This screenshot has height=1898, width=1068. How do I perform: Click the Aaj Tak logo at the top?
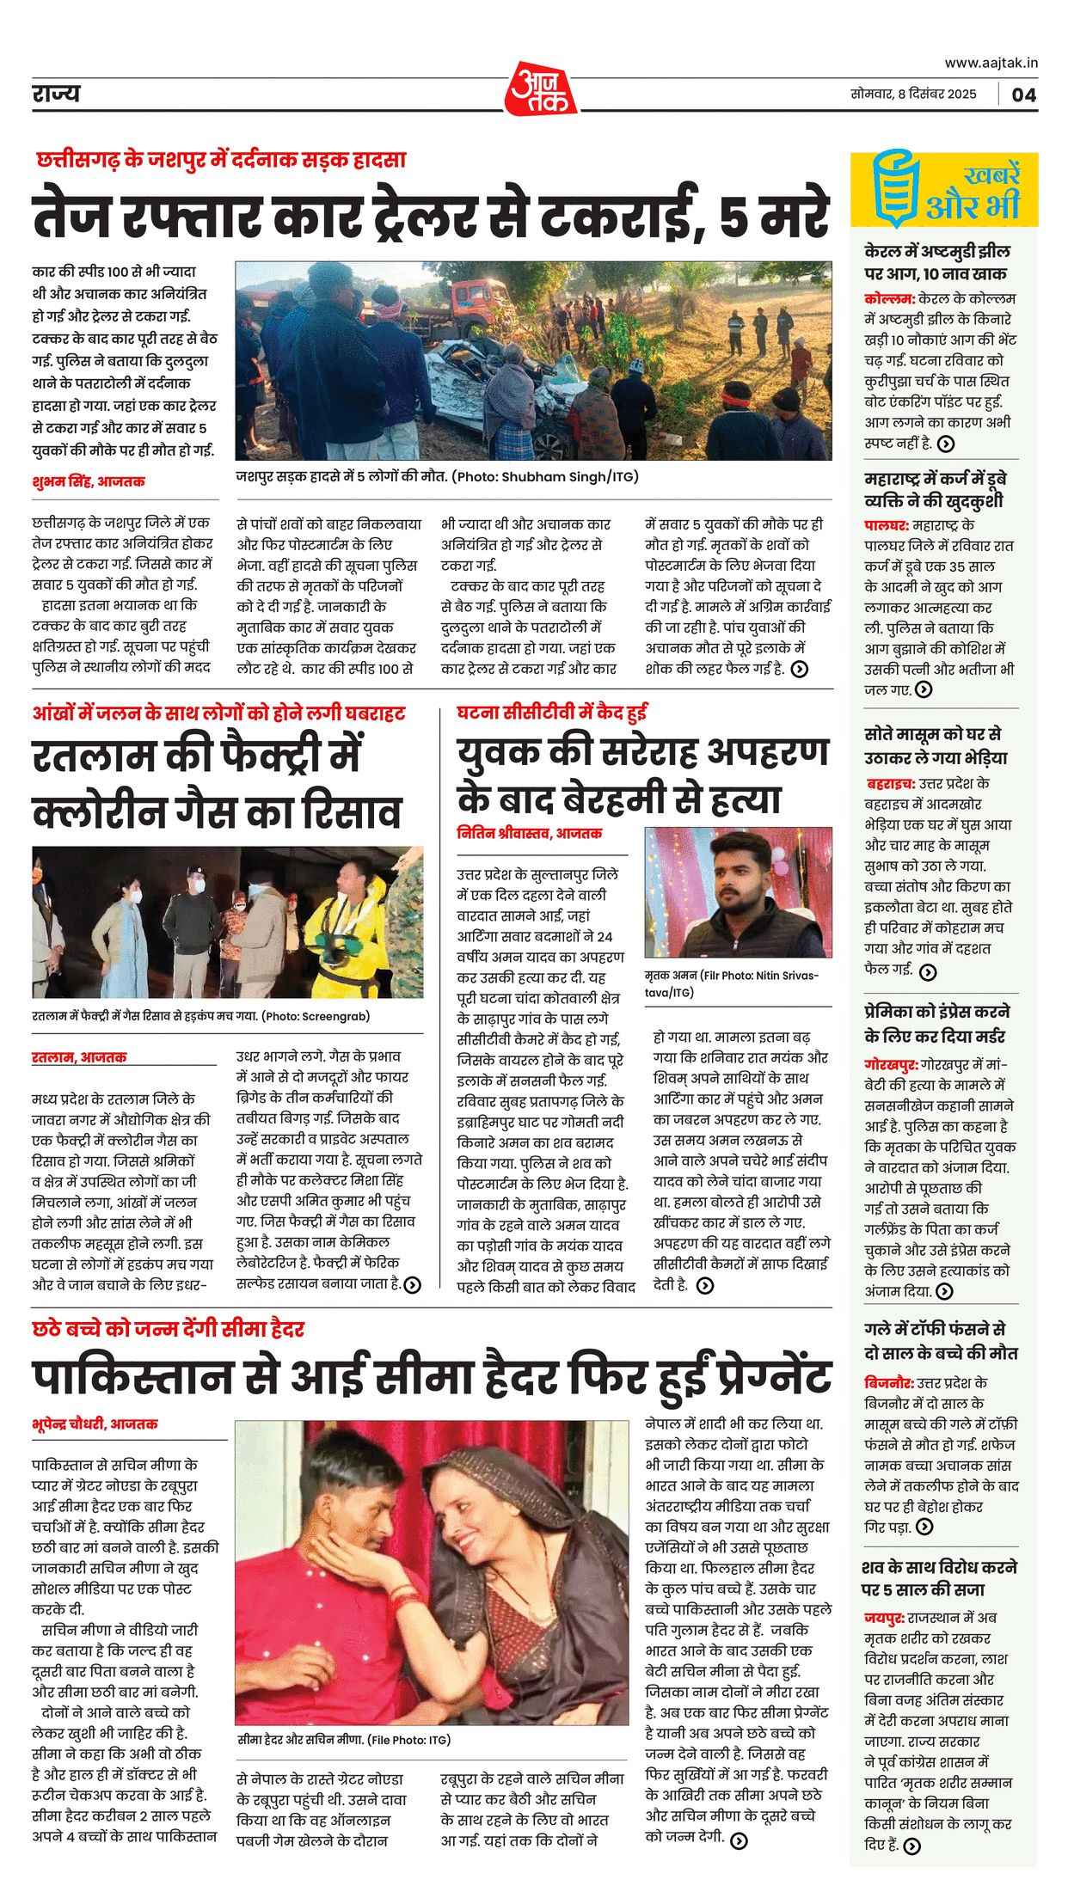(540, 89)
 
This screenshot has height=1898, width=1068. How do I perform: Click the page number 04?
(1023, 95)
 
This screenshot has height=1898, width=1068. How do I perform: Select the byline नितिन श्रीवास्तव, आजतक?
(530, 832)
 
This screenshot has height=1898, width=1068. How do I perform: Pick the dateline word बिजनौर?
(888, 1384)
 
